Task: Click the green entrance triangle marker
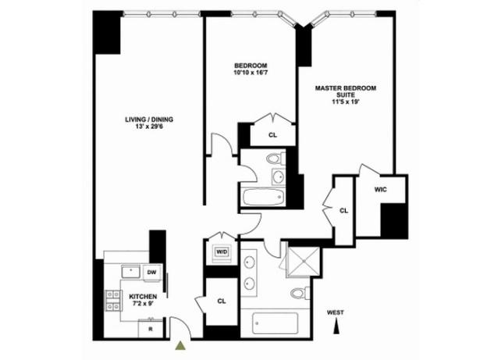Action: (x=181, y=346)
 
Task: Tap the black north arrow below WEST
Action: (x=336, y=327)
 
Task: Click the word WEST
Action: (x=336, y=312)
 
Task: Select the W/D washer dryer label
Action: (x=222, y=252)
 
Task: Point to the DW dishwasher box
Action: (x=152, y=273)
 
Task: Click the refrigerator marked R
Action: (x=151, y=328)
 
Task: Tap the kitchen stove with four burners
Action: (x=113, y=301)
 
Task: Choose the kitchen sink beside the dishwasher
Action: (x=131, y=272)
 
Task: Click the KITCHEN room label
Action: (x=143, y=297)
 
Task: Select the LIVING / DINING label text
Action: (x=149, y=119)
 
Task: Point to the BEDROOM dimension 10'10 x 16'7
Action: (x=250, y=73)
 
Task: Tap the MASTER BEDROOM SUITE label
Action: (x=346, y=91)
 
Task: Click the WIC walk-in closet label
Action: (x=381, y=190)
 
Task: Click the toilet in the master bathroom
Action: (x=300, y=293)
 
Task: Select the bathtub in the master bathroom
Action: (x=275, y=323)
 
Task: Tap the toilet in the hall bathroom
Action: (x=275, y=159)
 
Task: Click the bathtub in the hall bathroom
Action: (x=263, y=198)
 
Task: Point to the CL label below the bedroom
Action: (x=272, y=135)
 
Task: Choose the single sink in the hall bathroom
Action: (x=279, y=176)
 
